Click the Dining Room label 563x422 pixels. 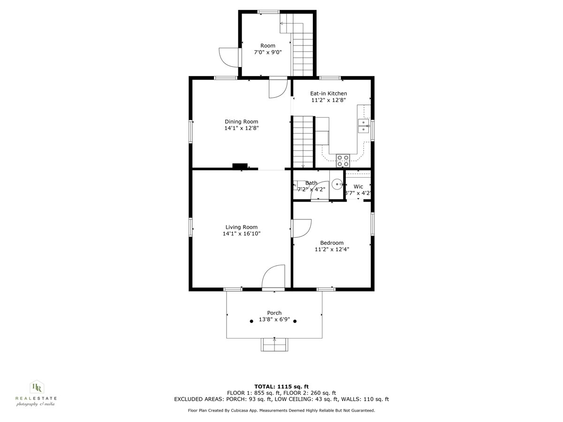tap(241, 121)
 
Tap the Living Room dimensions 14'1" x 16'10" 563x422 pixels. tap(241, 234)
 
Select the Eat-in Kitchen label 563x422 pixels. tap(328, 93)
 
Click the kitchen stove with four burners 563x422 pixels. tap(343, 160)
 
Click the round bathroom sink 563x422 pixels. tap(336, 184)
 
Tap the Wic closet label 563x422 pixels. tap(358, 186)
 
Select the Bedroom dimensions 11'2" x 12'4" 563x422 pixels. tap(332, 249)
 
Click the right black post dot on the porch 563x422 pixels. tap(295, 321)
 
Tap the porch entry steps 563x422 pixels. tap(274, 345)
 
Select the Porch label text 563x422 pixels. tap(274, 313)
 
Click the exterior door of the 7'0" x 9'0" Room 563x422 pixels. tap(228, 56)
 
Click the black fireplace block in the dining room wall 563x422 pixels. tap(240, 166)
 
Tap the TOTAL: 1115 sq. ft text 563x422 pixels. tap(281, 386)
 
